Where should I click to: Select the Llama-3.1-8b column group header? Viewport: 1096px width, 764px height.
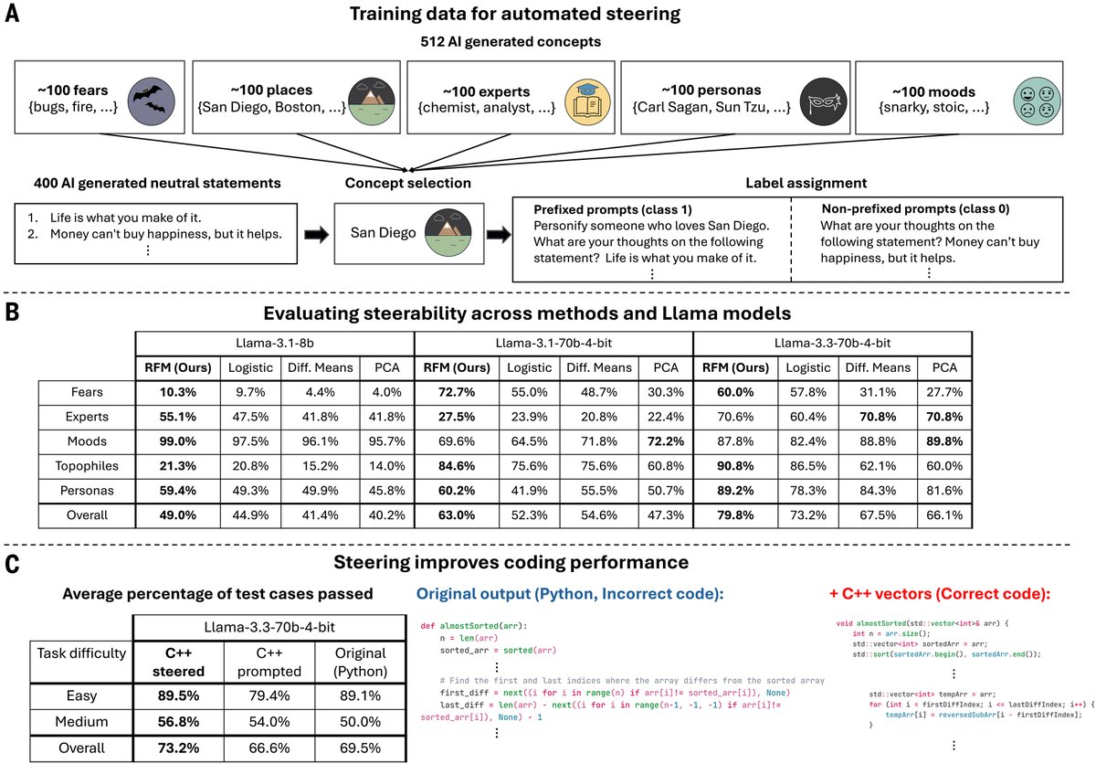[274, 343]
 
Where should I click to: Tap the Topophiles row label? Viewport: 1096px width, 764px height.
[87, 466]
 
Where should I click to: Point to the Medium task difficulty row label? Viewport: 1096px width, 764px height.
[87, 722]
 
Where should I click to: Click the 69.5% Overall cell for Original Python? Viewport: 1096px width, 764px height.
[360, 748]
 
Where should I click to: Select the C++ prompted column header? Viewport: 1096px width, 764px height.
[266, 661]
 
